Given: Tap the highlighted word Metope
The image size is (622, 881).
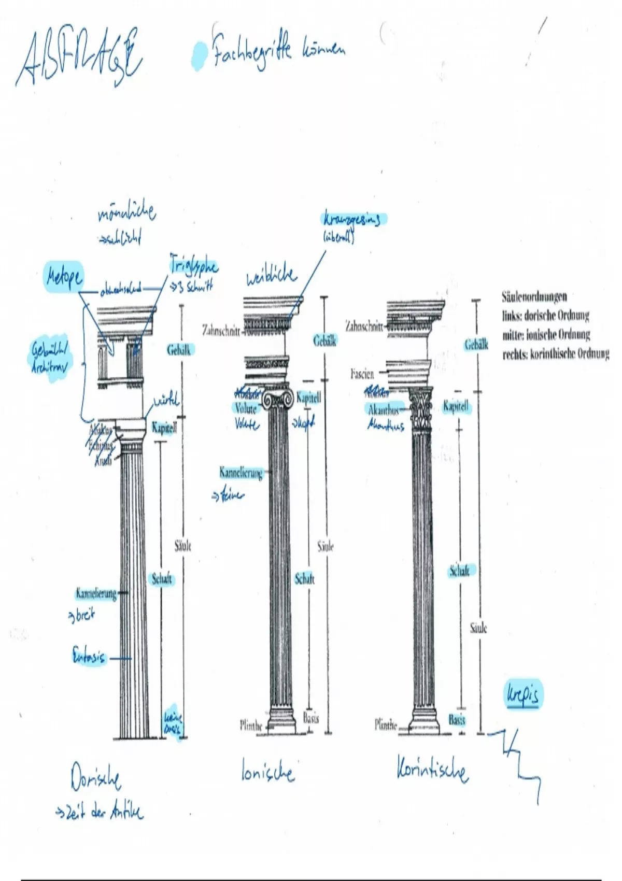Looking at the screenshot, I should pos(63,277).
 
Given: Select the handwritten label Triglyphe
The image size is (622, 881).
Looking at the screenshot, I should pos(194,266).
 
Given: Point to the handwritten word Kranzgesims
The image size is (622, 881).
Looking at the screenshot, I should pos(351,220).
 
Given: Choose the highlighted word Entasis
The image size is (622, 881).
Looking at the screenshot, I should pos(89,657).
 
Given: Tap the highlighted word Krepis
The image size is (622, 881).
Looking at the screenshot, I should pos(521,695).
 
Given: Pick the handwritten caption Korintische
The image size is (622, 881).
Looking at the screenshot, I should pos(432,770).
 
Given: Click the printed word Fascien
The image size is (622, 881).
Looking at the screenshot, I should pos(361,374).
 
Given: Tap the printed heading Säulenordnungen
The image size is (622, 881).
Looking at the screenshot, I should pos(534,297).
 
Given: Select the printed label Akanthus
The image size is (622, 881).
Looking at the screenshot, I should pos(384,410).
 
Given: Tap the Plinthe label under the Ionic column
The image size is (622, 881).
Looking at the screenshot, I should pos(251,726).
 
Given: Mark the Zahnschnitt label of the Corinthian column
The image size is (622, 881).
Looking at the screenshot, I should pos(364,326).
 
